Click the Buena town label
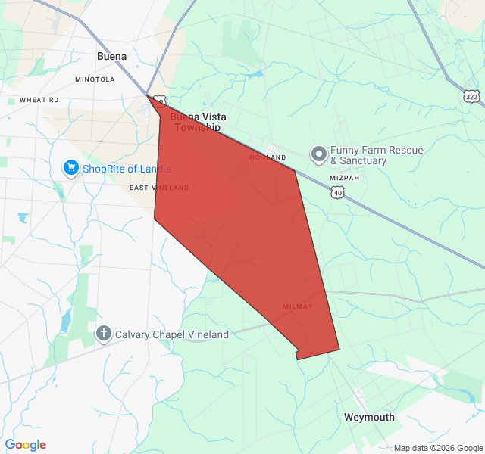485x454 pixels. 112,56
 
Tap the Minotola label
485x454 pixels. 95,79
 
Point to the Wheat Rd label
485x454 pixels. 39,100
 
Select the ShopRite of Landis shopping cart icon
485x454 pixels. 71,167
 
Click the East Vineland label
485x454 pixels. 159,188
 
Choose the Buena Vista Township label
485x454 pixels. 198,122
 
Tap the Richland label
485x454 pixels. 267,157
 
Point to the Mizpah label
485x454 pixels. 344,178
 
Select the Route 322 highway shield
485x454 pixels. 472,96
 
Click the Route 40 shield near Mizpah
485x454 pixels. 336,193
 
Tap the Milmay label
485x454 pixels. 297,306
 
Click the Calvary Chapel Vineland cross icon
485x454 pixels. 104,334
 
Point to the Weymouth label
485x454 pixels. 369,417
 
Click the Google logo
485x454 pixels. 26,445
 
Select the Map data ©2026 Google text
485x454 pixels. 437,448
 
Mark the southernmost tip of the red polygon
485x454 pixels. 297,359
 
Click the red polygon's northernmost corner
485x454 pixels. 147,95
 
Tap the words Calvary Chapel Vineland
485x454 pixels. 171,334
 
